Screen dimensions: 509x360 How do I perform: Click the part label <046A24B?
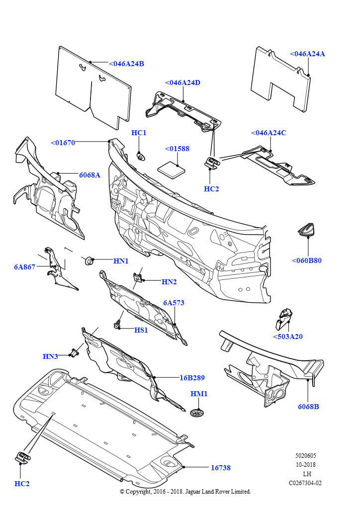pyautogui.click(x=126, y=64)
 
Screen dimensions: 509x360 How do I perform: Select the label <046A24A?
pyautogui.click(x=307, y=54)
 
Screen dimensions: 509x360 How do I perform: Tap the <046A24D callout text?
pyautogui.click(x=182, y=83)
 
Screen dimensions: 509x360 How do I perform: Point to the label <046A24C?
pyautogui.click(x=269, y=133)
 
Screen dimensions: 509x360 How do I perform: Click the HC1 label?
pyautogui.click(x=139, y=133)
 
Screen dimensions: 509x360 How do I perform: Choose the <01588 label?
pyautogui.click(x=177, y=149)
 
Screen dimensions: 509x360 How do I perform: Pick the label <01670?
pyautogui.click(x=63, y=143)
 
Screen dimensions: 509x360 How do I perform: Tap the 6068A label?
pyautogui.click(x=90, y=175)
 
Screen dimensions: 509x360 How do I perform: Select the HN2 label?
pyautogui.click(x=169, y=282)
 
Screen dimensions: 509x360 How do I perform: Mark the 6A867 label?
pyautogui.click(x=25, y=267)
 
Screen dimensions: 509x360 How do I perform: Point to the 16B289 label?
pyautogui.click(x=192, y=377)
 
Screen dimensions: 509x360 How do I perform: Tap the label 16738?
pyautogui.click(x=220, y=468)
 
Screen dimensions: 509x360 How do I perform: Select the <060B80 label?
pyautogui.click(x=307, y=260)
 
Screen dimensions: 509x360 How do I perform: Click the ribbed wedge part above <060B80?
pyautogui.click(x=307, y=229)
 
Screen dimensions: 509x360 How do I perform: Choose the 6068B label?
pyautogui.click(x=308, y=407)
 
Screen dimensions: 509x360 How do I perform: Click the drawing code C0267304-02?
pyautogui.click(x=305, y=483)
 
